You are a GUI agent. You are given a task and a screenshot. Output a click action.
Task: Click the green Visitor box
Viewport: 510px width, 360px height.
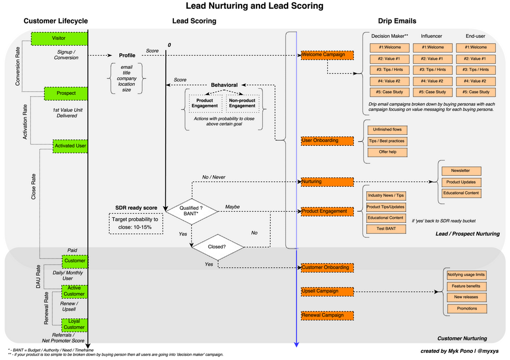point(59,39)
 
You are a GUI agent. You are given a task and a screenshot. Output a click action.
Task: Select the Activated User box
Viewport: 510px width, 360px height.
point(70,146)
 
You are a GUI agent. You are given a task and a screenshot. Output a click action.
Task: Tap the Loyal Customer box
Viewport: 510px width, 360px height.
point(74,324)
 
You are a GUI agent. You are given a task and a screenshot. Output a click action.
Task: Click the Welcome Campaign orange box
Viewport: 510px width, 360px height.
point(327,55)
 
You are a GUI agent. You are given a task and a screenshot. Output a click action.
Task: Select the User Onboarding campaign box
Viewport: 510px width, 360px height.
point(327,140)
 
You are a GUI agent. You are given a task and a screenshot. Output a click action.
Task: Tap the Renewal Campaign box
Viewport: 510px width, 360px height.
point(327,315)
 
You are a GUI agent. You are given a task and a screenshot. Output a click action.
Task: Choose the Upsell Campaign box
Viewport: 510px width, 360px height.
point(327,291)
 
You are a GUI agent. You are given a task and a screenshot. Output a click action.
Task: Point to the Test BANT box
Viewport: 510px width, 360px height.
point(386,229)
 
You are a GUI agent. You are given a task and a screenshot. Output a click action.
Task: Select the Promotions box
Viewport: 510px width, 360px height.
point(467,308)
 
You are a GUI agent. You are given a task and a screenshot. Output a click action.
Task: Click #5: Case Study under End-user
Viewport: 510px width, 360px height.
point(475,92)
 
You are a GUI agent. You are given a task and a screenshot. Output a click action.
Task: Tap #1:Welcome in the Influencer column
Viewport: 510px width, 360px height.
point(432,47)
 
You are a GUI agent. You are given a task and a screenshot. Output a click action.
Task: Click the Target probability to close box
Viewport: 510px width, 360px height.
point(136,223)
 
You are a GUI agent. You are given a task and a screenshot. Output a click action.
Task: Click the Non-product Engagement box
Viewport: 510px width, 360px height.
point(242,103)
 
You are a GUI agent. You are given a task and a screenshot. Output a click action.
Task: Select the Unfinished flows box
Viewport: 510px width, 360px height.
point(387,130)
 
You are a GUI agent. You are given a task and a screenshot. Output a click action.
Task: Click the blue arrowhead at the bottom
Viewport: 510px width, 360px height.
point(296,345)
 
